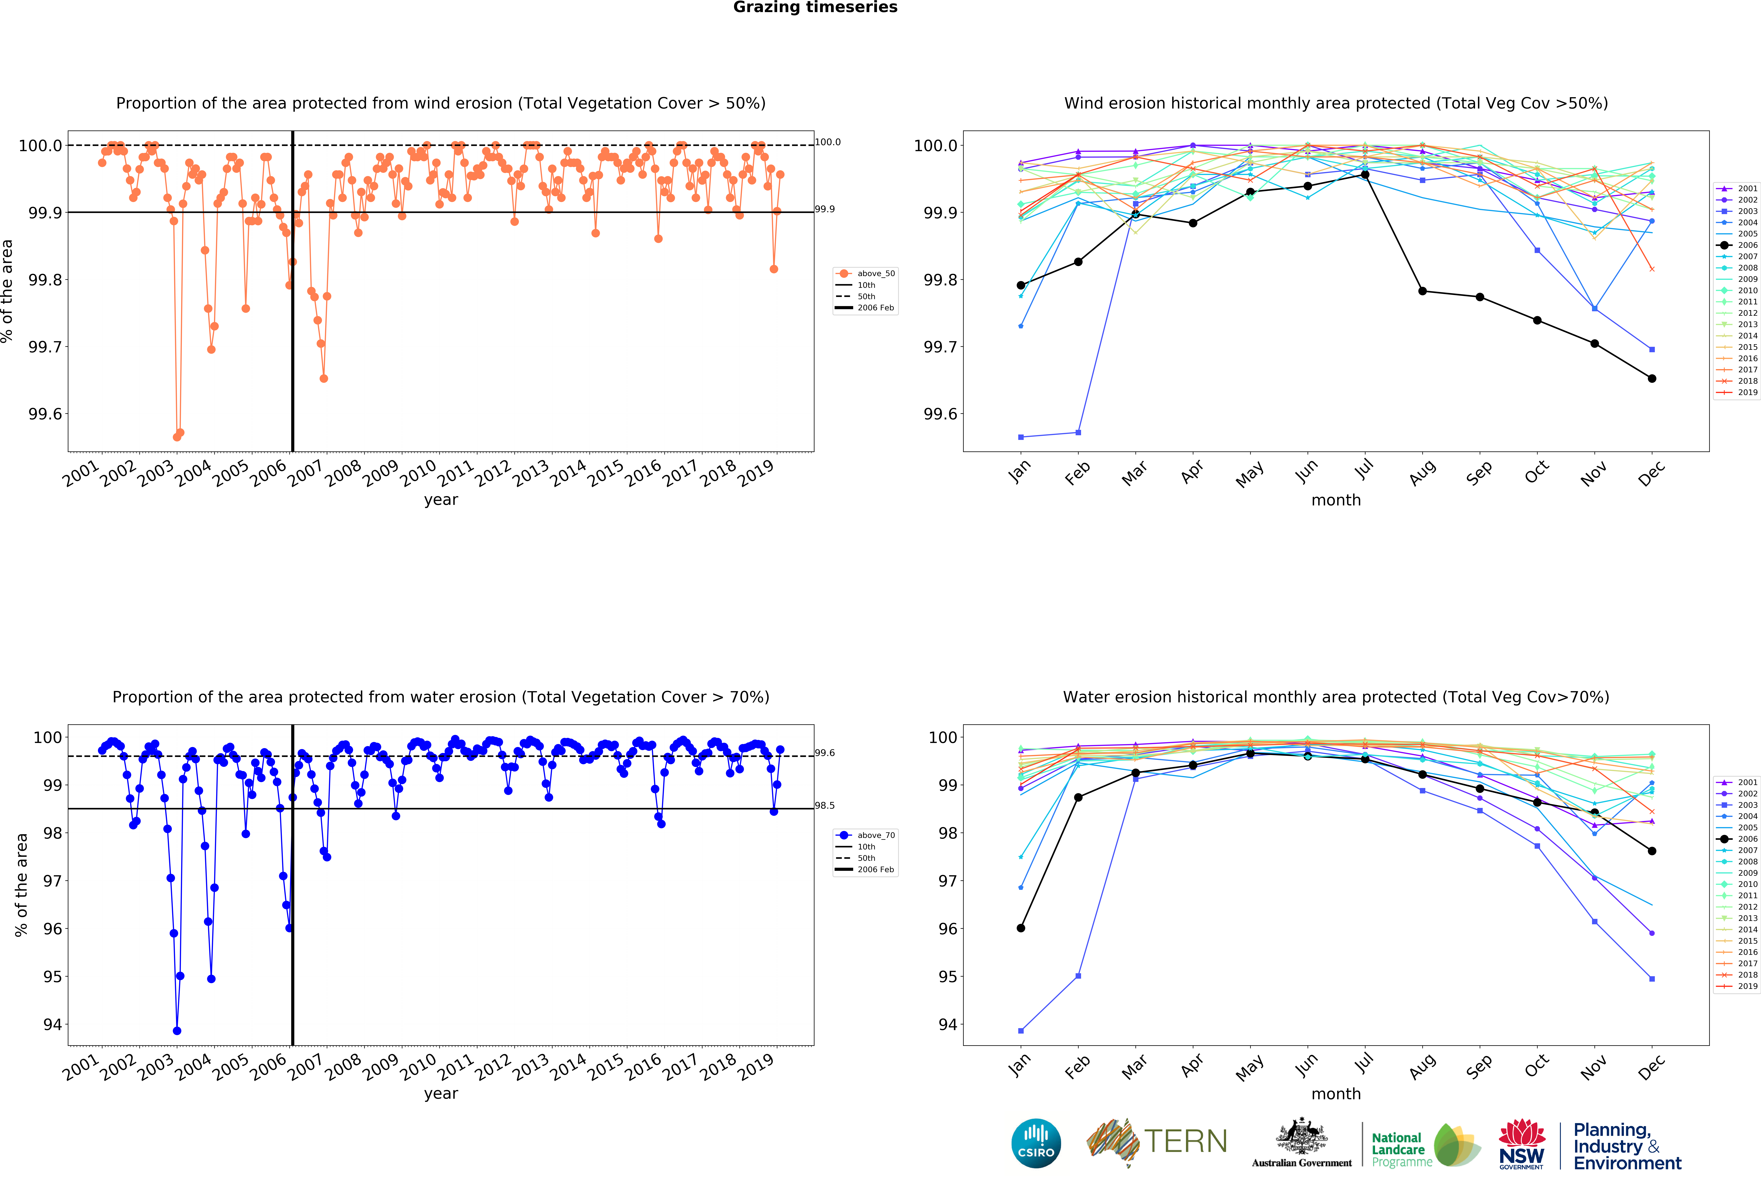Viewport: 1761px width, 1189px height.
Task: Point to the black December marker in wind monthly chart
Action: tap(1652, 379)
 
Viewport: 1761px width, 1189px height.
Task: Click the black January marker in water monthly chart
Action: tap(1021, 928)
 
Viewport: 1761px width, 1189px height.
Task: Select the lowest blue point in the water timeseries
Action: tap(177, 1031)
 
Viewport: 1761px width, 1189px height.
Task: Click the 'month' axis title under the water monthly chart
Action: tap(1336, 1094)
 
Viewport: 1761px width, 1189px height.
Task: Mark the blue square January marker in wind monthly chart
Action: tap(1021, 437)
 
